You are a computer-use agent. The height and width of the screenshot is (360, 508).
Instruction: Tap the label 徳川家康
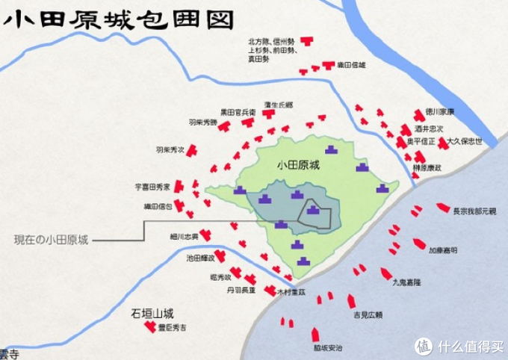point(440,111)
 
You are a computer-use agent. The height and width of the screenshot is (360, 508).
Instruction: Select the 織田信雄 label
point(351,65)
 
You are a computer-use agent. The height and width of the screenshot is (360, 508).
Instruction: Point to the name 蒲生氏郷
point(279,105)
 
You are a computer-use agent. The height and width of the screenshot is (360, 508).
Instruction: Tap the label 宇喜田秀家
point(152,186)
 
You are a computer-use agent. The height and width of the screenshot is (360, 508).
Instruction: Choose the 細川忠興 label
point(185,237)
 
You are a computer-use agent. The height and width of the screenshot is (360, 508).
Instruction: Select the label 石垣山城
point(152,314)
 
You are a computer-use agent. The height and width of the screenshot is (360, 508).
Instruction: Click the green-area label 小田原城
point(297,166)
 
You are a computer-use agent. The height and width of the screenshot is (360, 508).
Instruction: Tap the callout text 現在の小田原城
point(51,240)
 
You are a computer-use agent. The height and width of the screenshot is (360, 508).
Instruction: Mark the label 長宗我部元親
point(474,211)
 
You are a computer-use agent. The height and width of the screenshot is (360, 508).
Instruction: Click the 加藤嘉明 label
point(443,251)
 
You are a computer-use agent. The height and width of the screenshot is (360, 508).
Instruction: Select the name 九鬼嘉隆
point(406,283)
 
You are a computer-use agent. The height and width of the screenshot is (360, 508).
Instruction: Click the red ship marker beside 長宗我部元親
point(443,207)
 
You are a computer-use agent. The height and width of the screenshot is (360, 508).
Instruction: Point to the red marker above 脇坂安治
point(315,334)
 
